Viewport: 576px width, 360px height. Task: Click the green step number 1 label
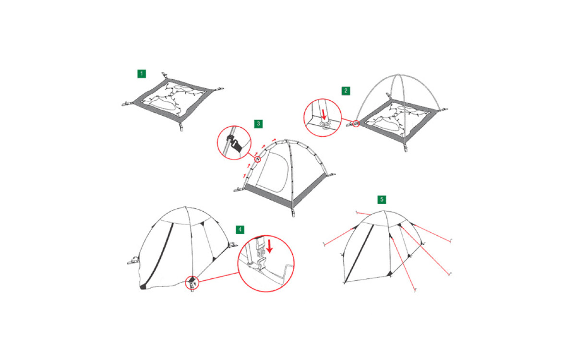pos(142,74)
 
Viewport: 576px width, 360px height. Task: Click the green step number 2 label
pos(346,91)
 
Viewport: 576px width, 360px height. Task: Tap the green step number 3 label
pos(258,124)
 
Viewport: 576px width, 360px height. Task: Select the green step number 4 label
pos(240,229)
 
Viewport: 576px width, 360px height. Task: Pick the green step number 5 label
pos(382,199)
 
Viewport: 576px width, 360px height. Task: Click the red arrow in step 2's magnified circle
pos(324,115)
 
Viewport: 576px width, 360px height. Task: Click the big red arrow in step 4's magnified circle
pos(269,246)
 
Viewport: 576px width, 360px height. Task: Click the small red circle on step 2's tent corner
pos(356,124)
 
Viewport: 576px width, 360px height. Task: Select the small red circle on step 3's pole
pos(257,159)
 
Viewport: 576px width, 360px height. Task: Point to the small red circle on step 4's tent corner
pos(192,283)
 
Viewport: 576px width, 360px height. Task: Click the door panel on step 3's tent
pos(273,172)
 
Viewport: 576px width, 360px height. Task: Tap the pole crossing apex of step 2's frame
pos(398,75)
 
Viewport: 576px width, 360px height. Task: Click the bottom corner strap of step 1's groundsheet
pos(181,127)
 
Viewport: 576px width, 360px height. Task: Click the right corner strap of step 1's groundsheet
pos(218,89)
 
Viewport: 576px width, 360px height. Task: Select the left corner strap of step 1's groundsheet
pos(128,104)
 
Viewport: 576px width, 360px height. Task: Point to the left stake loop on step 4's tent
pos(133,261)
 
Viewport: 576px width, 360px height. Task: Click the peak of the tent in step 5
pos(384,211)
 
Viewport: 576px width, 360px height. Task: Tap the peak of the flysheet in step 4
pos(185,207)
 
